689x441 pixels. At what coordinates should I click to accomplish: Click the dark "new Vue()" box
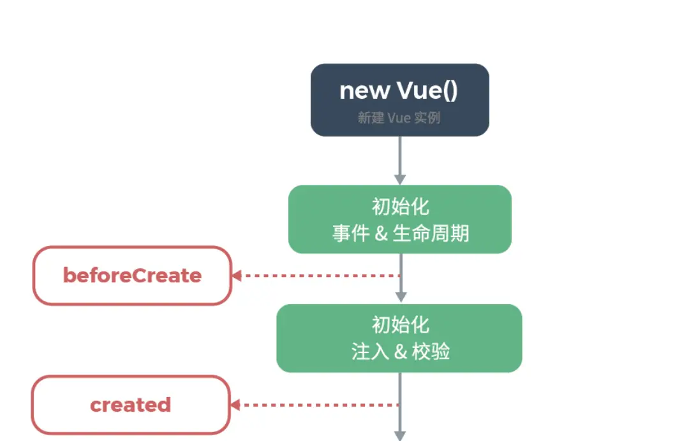[x=400, y=100]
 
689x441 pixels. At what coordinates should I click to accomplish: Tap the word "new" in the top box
[x=365, y=91]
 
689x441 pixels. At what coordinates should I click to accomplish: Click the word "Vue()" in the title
[x=427, y=91]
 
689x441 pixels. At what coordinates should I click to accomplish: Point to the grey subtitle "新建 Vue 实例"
[x=399, y=118]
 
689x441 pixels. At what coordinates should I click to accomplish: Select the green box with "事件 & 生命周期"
[x=400, y=219]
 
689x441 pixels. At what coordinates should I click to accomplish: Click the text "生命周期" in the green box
[x=431, y=233]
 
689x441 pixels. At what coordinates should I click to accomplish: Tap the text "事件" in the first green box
[x=351, y=233]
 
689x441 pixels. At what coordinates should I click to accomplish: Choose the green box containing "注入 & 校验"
[x=399, y=338]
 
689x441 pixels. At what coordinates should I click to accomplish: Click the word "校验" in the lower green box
[x=431, y=352]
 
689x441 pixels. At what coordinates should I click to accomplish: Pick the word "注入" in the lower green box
[x=370, y=352]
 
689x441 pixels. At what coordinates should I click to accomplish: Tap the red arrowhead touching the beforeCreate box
[x=237, y=275]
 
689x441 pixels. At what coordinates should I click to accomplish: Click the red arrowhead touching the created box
[x=235, y=405]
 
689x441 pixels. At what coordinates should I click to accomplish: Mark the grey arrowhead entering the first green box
[x=400, y=180]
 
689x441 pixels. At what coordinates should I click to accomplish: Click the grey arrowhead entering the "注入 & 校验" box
[x=401, y=297]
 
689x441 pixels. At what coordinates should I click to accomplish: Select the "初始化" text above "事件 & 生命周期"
[x=400, y=206]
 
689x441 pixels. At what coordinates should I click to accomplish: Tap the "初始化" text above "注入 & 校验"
[x=400, y=325]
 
